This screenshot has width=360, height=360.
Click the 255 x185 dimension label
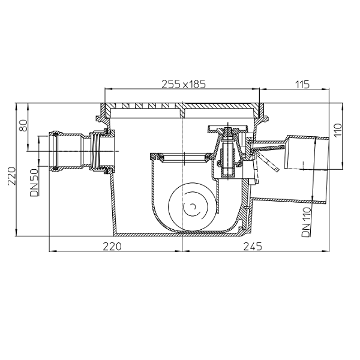(x=184, y=84)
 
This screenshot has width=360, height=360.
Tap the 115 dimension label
(x=302, y=84)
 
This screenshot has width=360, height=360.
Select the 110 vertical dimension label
(x=338, y=130)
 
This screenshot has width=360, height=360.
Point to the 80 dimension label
(x=23, y=125)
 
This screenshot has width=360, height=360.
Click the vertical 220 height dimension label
(x=12, y=176)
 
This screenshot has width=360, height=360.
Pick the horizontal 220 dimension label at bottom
(x=112, y=247)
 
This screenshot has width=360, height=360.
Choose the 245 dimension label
(x=253, y=247)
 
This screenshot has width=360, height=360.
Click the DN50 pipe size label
(x=34, y=182)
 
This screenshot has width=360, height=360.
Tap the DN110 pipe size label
(x=307, y=222)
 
